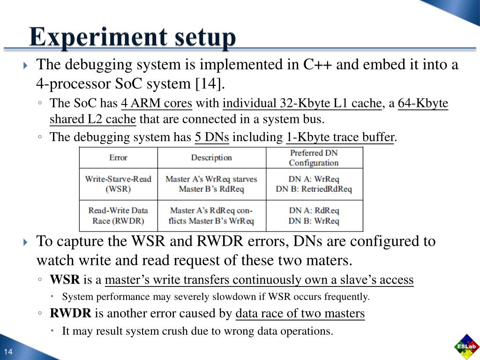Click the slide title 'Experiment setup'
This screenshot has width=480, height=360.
click(132, 37)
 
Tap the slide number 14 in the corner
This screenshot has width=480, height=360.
click(8, 352)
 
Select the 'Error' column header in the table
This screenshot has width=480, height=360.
click(118, 157)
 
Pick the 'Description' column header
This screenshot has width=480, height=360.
click(211, 157)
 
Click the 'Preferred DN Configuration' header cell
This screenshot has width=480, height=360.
click(314, 157)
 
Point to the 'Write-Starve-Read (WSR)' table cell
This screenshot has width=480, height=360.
click(118, 184)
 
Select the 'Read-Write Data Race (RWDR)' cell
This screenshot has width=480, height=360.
click(118, 216)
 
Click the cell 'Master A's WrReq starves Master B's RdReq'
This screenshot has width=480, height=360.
click(211, 184)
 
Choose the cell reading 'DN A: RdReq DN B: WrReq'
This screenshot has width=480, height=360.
click(314, 216)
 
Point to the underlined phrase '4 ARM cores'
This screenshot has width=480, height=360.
click(157, 103)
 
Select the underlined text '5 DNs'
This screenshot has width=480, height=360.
click(212, 137)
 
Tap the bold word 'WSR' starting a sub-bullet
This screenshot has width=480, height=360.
click(65, 280)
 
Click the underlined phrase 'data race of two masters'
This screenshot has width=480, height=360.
click(300, 314)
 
